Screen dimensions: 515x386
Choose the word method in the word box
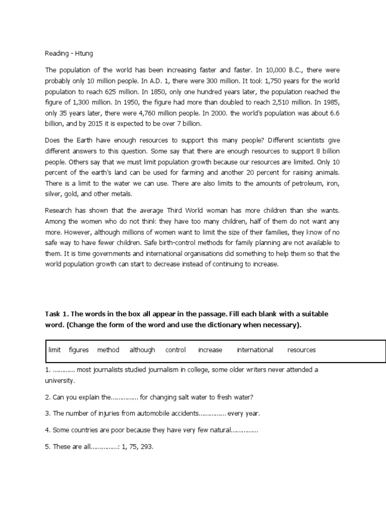[x=108, y=350]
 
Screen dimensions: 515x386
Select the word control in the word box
[x=175, y=350]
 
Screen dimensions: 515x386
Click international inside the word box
[x=255, y=350]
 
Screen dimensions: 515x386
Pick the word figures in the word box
[x=78, y=350]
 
